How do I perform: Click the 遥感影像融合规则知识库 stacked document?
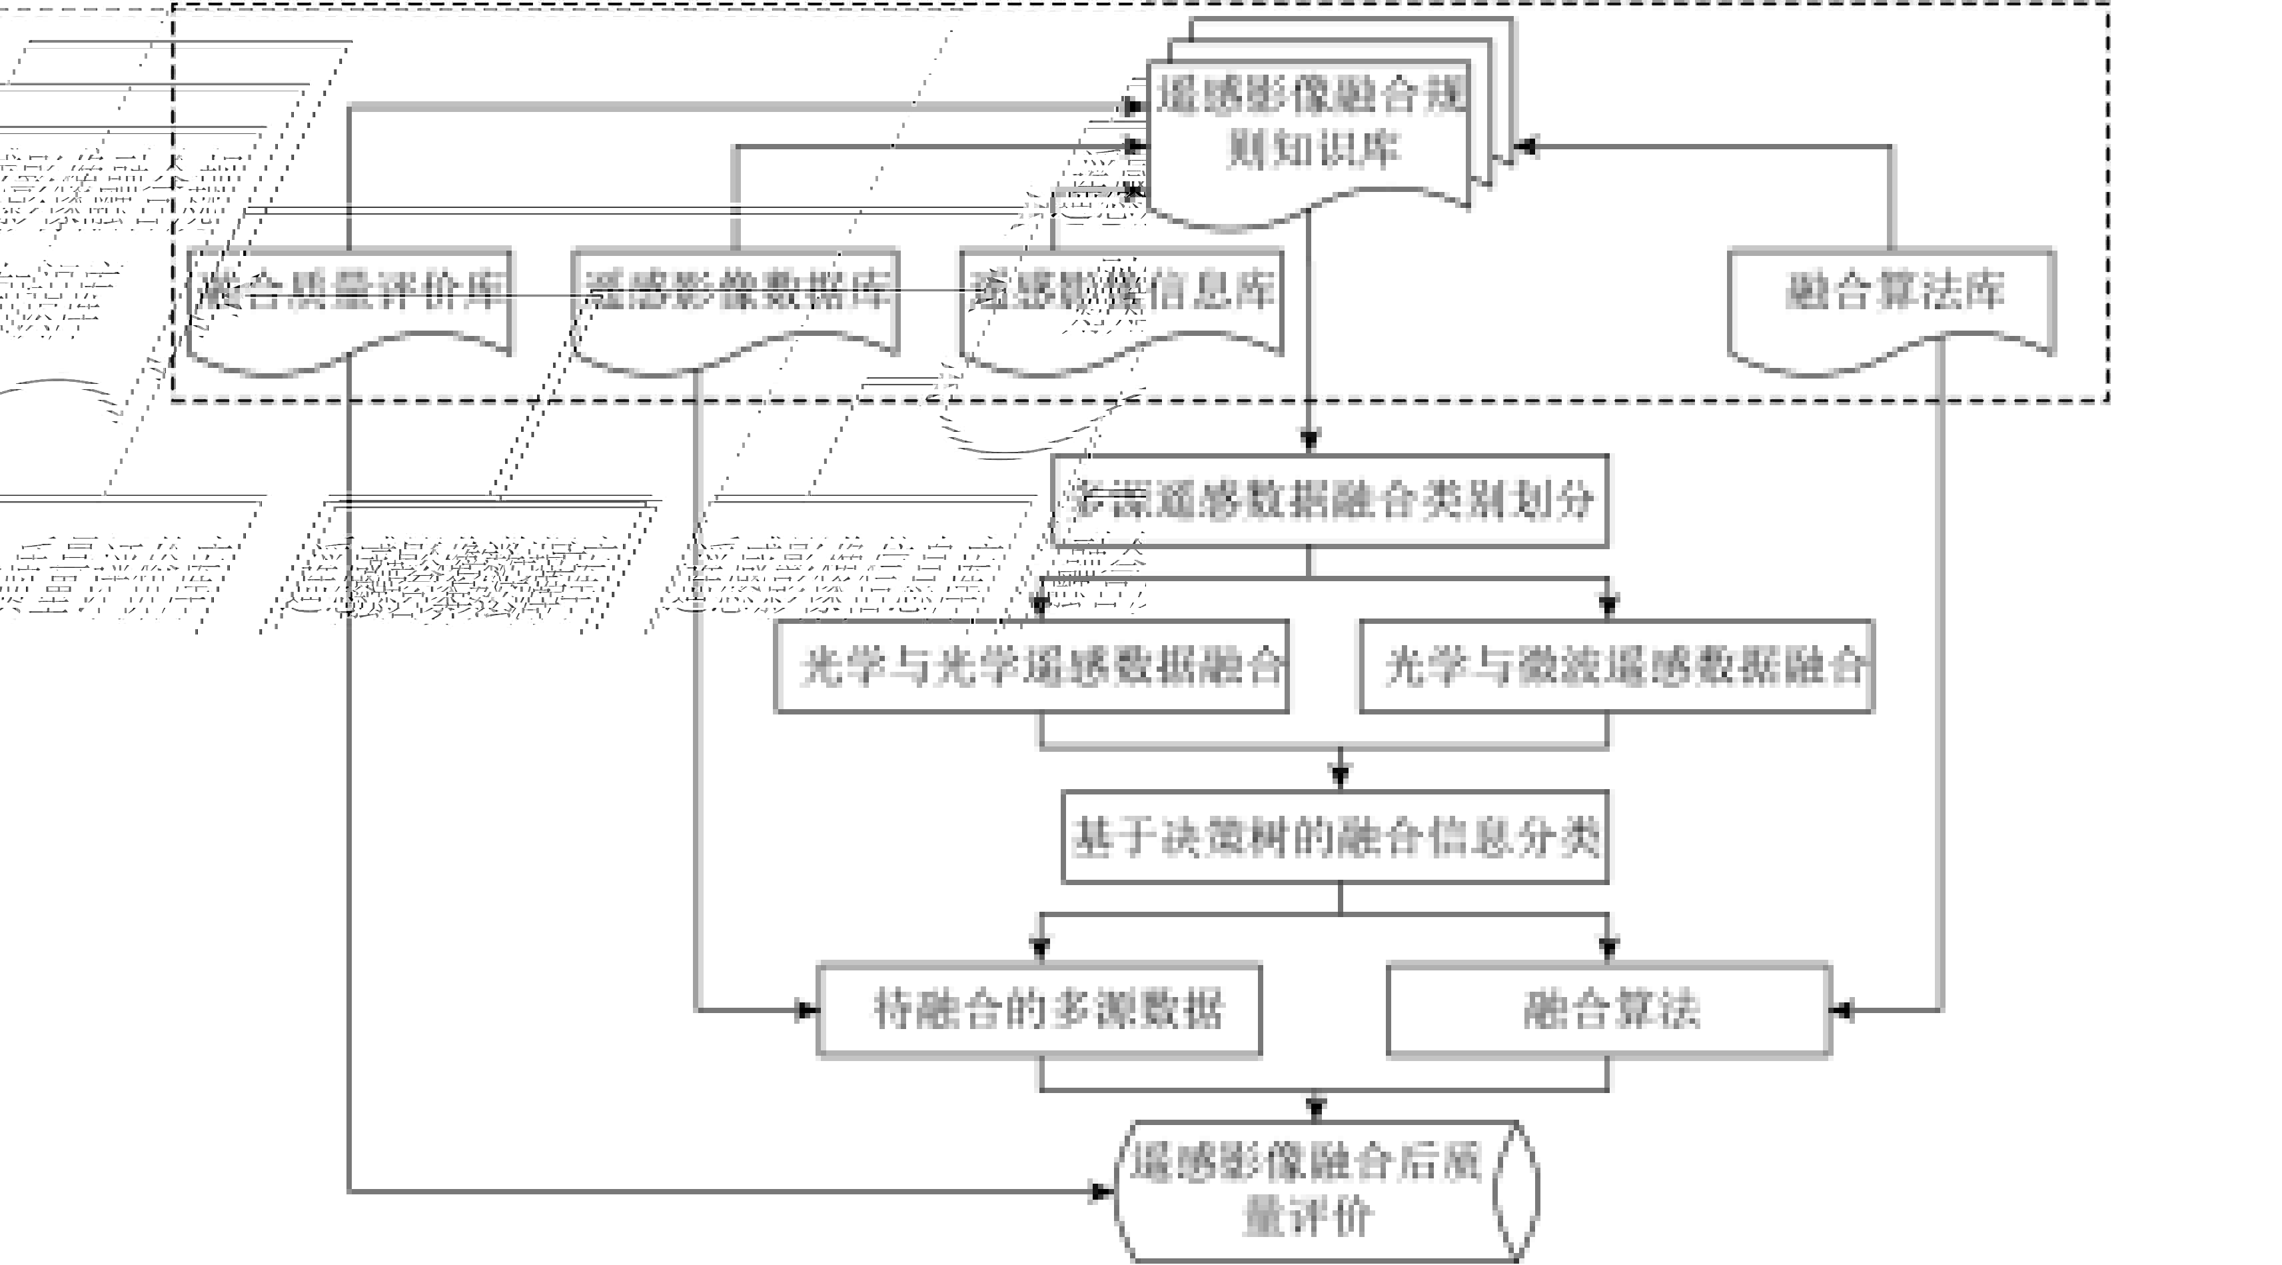tap(1311, 133)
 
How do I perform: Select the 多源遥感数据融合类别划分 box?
tap(1329, 501)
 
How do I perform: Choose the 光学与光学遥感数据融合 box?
tap(1031, 666)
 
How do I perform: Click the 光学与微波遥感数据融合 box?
tap(1616, 666)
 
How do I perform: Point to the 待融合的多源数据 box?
tap(1038, 1009)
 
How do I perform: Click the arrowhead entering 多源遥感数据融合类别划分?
tap(1309, 441)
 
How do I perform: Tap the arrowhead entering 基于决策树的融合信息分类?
tap(1341, 776)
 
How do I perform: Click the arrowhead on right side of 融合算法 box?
tap(1841, 1009)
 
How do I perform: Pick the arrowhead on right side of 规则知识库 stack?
tap(1526, 147)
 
